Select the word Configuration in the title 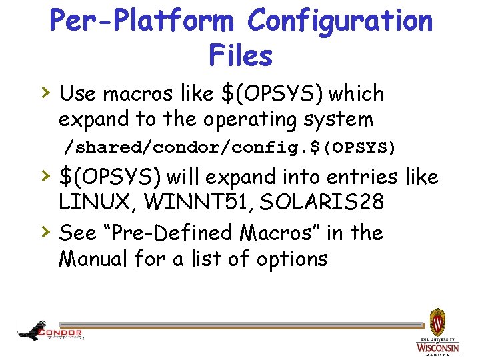(340, 21)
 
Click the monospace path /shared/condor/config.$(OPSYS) (229, 147)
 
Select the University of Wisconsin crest (437, 324)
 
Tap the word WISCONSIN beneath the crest (437, 348)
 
